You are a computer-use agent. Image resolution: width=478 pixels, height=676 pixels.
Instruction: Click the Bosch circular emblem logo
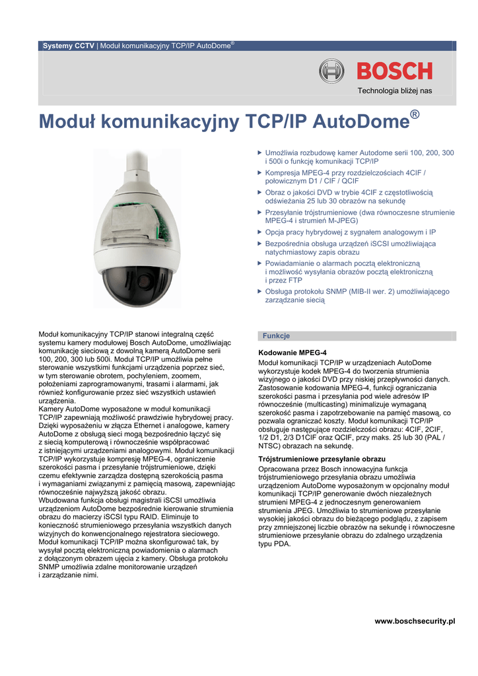[x=332, y=71]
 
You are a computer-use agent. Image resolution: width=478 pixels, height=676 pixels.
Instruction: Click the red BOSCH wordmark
[x=395, y=71]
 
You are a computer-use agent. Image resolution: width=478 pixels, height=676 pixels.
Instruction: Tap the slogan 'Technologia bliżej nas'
[x=395, y=90]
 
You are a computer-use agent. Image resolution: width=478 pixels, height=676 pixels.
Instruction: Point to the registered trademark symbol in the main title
[x=415, y=115]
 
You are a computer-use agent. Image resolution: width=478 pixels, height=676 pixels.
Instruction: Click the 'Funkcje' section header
[x=277, y=336]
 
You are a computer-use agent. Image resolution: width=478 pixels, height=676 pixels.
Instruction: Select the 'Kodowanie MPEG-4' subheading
[x=292, y=353]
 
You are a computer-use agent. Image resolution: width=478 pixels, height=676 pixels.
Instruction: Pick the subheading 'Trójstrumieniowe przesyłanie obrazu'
[x=322, y=458]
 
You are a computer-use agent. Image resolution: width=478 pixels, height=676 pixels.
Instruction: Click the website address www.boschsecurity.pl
[x=415, y=621]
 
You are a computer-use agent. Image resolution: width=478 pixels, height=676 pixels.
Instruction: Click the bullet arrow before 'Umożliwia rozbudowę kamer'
[x=259, y=152]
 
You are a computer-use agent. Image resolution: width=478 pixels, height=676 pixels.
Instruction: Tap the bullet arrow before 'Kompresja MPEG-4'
[x=259, y=172]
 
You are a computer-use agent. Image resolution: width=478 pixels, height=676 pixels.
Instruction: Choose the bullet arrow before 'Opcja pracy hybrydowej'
[x=259, y=232]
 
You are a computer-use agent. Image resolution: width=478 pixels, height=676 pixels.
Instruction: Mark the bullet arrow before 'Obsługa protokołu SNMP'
[x=259, y=291]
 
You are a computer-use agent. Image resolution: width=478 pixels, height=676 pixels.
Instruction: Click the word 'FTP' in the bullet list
[x=294, y=280]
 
